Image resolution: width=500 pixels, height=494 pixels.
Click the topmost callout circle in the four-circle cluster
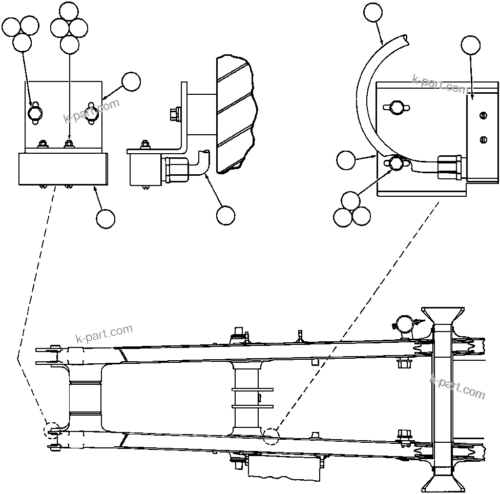(x=70, y=11)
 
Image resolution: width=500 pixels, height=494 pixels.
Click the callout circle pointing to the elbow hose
(x=225, y=215)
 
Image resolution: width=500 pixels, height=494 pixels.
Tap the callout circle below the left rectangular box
(x=106, y=218)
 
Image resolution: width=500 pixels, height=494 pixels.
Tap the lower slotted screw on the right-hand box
(x=482, y=139)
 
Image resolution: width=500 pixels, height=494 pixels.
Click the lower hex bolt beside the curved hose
(x=395, y=163)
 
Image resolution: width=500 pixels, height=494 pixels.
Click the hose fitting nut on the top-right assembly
(x=449, y=168)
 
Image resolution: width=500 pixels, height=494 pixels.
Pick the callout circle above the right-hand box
(x=471, y=45)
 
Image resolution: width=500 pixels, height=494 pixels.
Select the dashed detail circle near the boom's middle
(x=271, y=435)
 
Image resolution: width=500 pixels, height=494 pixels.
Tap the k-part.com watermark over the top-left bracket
(x=91, y=111)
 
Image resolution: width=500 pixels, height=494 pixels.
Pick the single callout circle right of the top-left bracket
(x=131, y=81)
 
